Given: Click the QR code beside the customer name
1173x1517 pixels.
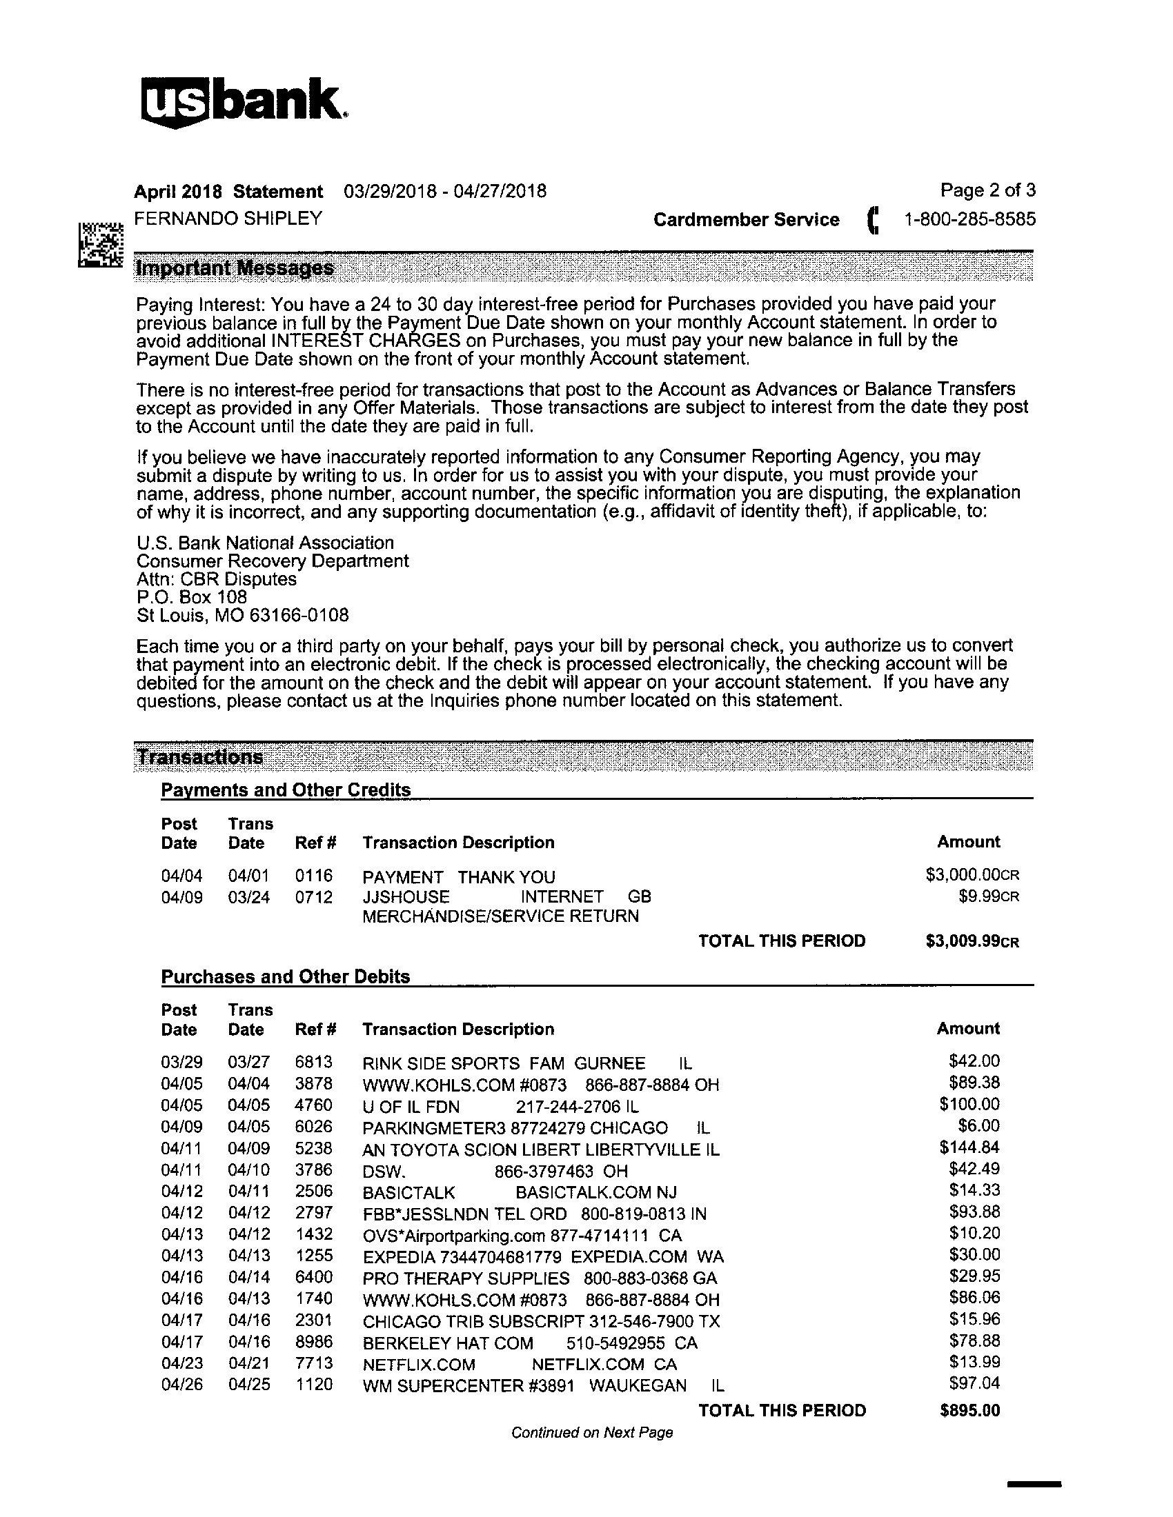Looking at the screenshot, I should tap(101, 245).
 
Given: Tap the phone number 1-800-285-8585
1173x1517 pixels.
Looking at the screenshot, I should tap(969, 219).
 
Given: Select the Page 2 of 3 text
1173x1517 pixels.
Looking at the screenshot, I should tap(987, 190).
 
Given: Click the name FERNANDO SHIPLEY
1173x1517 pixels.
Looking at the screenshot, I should tap(228, 218).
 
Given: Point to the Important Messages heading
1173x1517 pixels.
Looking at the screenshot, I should tap(235, 268).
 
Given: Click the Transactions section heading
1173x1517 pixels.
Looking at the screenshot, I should tap(200, 757).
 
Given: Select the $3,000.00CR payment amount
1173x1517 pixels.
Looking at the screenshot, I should tap(972, 875).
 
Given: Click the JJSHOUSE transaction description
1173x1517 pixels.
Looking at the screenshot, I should tap(406, 896).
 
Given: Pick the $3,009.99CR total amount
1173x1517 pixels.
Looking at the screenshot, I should tap(972, 941).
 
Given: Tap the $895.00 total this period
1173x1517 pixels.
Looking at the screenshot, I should tap(969, 1410).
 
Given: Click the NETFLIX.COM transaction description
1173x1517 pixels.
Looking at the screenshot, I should tap(418, 1365).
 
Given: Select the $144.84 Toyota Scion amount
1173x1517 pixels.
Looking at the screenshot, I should tap(969, 1147).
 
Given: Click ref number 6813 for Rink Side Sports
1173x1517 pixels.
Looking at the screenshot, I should tap(313, 1062).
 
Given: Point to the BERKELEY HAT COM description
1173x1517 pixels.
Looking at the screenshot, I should tap(448, 1343).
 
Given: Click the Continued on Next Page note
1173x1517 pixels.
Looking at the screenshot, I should tap(592, 1432).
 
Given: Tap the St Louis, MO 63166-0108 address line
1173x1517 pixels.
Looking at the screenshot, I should tap(242, 615).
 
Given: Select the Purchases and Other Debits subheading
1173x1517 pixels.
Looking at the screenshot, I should tap(286, 976).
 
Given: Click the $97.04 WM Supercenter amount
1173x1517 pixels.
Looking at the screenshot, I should tap(974, 1383).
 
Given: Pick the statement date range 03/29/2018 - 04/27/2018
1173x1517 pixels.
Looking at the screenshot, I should tap(445, 191).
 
